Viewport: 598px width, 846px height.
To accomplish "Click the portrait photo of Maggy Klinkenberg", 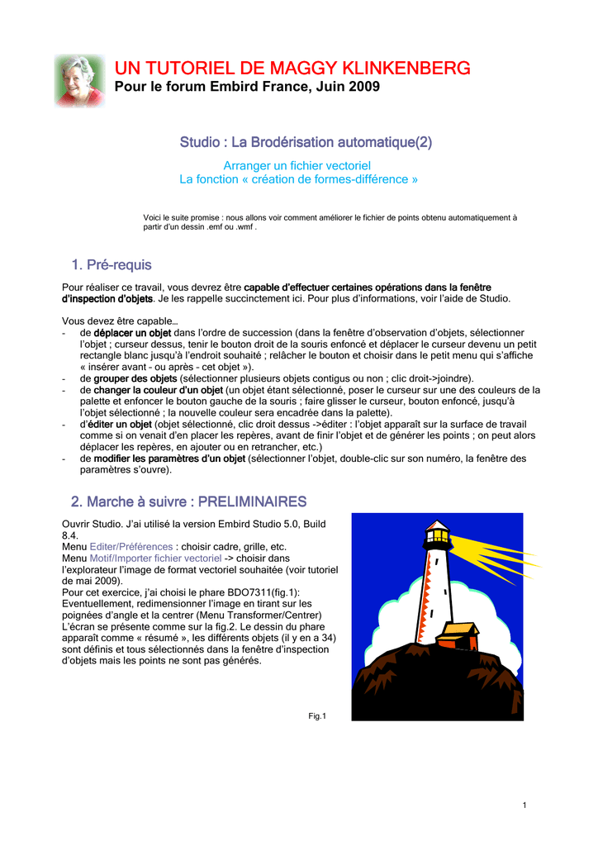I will coord(79,80).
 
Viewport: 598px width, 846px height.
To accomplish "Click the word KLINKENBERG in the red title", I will coord(401,68).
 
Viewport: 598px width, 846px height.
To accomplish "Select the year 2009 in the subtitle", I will coord(365,87).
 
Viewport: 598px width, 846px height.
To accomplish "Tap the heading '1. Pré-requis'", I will coord(112,265).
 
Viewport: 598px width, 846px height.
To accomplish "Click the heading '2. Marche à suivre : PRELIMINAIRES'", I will coord(188,501).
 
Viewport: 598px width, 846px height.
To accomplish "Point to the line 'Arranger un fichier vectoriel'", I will coord(298,166).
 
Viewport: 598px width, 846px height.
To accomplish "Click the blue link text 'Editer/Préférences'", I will coord(131,546).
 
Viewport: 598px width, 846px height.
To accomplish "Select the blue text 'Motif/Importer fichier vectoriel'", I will coord(156,558).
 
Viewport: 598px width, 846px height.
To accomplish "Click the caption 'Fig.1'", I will coord(317,716).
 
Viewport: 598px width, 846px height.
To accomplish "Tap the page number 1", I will coord(524,806).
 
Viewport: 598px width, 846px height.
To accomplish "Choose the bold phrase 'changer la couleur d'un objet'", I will coord(158,389).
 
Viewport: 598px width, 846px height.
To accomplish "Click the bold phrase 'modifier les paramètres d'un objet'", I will coord(169,458).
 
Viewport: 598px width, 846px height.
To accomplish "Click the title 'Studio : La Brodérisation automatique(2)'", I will coord(306,143).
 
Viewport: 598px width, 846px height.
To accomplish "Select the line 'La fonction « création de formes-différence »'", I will coord(298,179).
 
